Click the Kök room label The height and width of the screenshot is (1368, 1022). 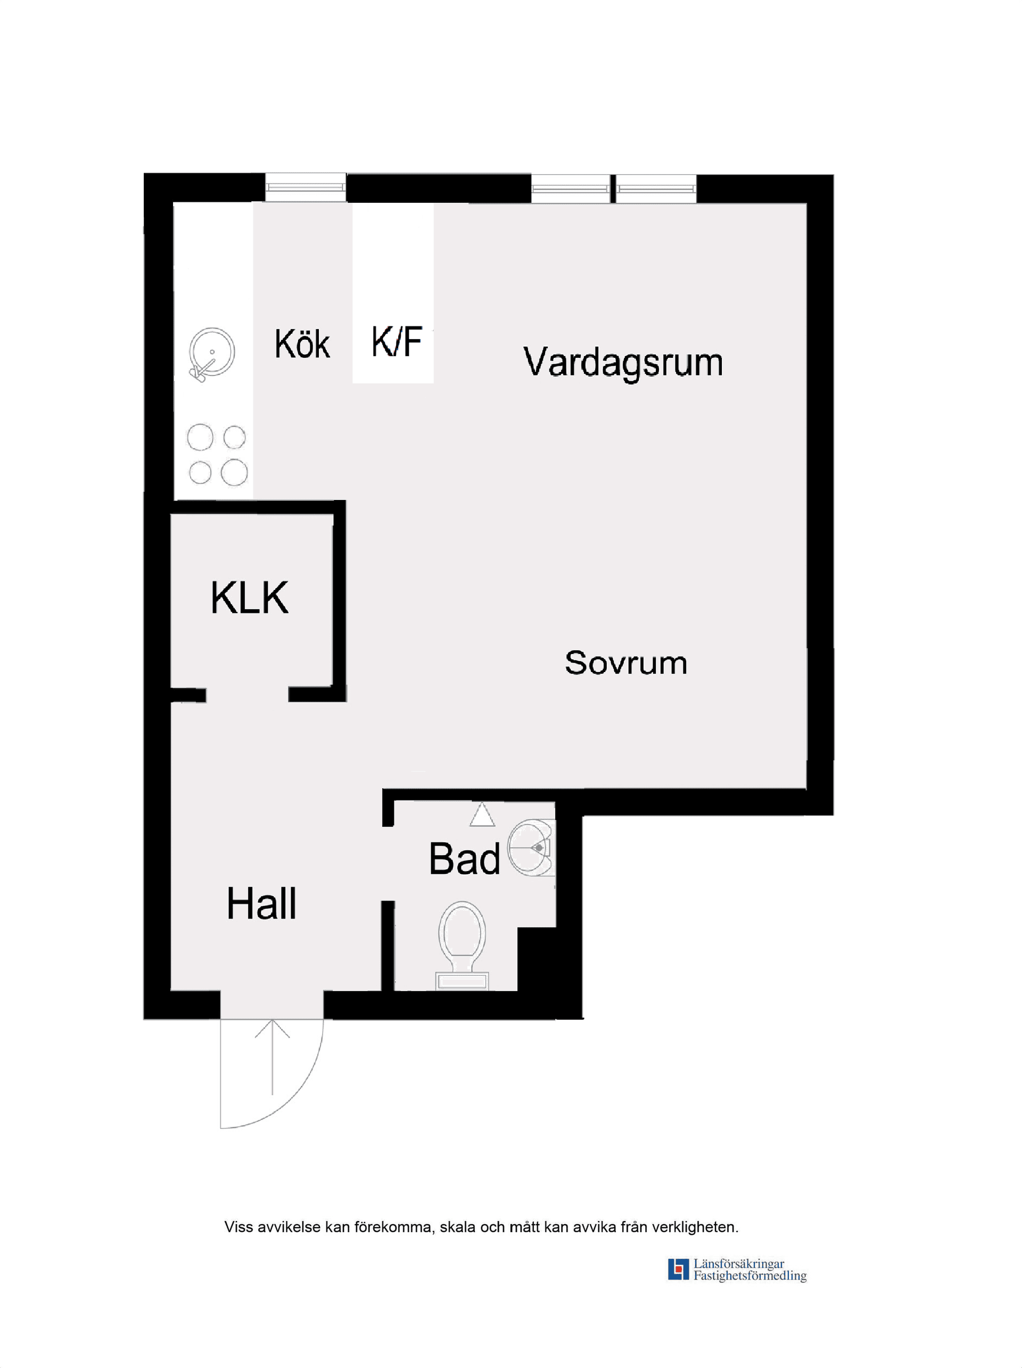click(x=302, y=344)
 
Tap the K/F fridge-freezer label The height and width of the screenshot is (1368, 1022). click(x=397, y=342)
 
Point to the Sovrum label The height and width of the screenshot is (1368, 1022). click(x=625, y=663)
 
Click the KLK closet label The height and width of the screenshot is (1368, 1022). click(x=249, y=598)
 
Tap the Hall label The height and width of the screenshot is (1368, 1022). click(x=261, y=904)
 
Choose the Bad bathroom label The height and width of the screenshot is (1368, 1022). click(x=464, y=859)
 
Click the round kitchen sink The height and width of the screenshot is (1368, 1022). click(x=211, y=353)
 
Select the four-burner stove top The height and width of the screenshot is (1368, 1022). click(x=217, y=455)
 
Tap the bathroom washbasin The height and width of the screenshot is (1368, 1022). click(x=531, y=847)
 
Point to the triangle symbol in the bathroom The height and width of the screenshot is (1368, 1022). click(x=482, y=815)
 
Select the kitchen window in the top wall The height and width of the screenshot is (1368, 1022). click(x=306, y=187)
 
